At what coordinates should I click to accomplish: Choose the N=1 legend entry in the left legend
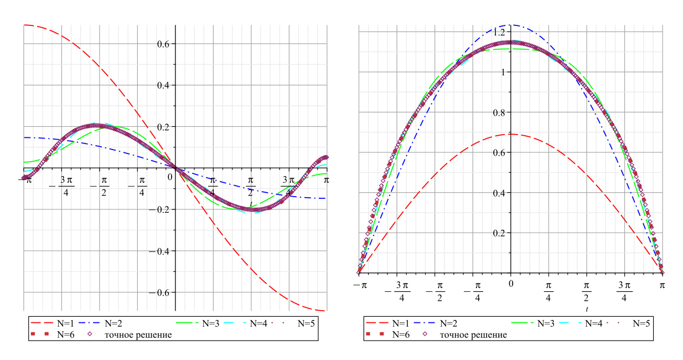click(61, 322)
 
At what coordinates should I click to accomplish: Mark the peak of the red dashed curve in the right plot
click(511, 134)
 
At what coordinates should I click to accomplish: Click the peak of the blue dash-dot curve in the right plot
click(511, 24)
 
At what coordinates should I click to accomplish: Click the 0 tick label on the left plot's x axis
click(170, 179)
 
